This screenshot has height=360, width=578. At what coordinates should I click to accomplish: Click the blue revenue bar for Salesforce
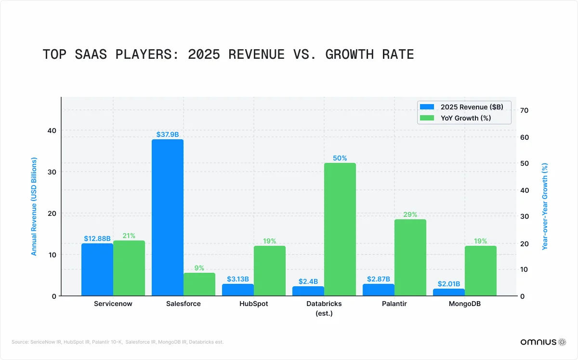click(167, 217)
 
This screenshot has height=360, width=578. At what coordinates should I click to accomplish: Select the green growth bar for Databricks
click(340, 229)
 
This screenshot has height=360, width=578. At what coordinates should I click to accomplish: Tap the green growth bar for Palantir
click(410, 257)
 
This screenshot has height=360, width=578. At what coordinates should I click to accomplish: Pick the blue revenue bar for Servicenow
click(97, 269)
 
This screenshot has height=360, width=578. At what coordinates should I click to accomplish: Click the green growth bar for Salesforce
click(199, 284)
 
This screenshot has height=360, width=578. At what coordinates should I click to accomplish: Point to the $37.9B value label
click(167, 134)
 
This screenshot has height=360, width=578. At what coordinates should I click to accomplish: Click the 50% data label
click(340, 158)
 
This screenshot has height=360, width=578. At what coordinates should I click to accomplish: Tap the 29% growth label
click(410, 214)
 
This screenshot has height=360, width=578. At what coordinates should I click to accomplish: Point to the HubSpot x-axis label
click(253, 304)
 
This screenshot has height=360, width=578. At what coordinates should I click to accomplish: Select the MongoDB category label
click(465, 304)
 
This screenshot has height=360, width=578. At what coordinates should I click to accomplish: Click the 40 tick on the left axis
click(52, 131)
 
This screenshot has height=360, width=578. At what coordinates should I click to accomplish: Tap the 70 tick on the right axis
click(525, 110)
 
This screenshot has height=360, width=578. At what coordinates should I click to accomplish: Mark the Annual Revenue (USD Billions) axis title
click(34, 206)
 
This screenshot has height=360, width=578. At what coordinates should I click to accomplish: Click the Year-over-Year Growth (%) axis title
click(545, 206)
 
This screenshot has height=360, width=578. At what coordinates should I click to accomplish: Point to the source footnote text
click(118, 342)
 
